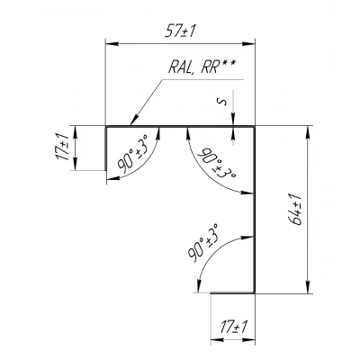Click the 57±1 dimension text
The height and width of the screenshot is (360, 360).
(x=180, y=31)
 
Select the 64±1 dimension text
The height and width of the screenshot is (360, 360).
(x=295, y=209)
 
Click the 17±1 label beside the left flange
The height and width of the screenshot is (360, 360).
(x=63, y=148)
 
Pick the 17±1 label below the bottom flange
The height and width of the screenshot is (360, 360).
(x=233, y=327)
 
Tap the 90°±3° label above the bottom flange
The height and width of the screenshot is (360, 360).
(x=203, y=242)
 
